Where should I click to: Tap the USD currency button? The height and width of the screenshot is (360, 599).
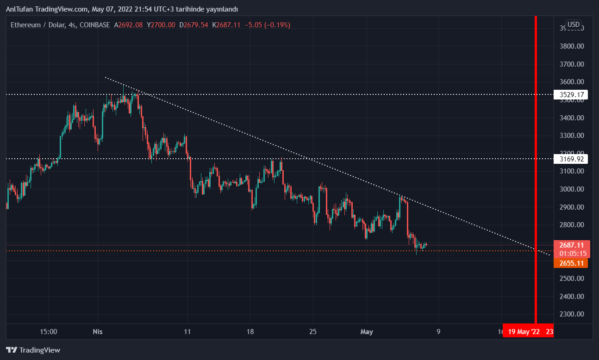[x=574, y=25]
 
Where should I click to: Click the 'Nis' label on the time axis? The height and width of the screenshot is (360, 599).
[x=97, y=332]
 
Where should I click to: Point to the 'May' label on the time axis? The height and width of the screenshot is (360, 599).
[x=367, y=332]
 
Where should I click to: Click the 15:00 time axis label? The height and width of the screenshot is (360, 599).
[x=49, y=332]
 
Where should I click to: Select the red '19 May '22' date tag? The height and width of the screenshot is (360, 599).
[x=524, y=332]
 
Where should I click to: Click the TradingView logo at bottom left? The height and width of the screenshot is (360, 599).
[x=33, y=350]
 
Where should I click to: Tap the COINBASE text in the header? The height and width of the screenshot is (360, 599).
[x=95, y=25]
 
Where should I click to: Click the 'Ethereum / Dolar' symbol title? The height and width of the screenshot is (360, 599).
[x=37, y=25]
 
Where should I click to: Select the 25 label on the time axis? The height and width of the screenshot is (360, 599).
[x=313, y=332]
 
